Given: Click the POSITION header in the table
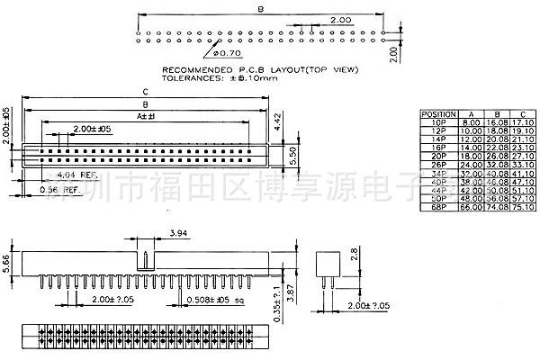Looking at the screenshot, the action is click(438, 113).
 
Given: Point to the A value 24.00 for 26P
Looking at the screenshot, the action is click(470, 164).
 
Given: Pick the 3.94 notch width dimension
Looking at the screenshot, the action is click(179, 233).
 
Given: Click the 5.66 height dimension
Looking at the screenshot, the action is click(6, 263).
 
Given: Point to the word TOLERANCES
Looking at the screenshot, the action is click(192, 78).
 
